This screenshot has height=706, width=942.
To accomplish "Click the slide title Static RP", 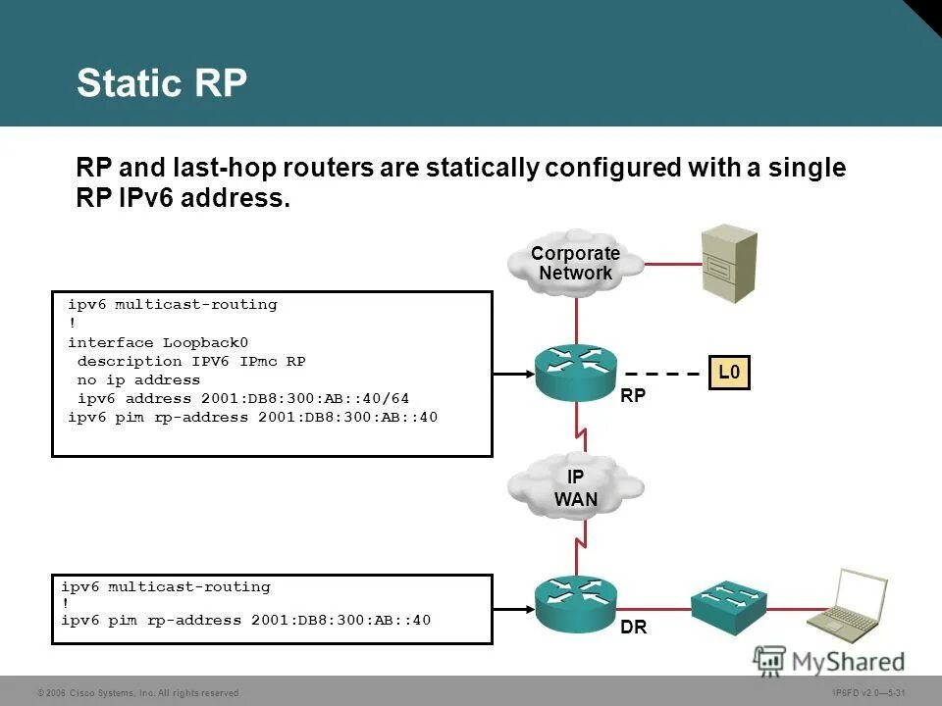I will click(x=162, y=83).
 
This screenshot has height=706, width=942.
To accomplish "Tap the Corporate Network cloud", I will click(x=576, y=263).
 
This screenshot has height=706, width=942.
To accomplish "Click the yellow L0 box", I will click(x=729, y=373).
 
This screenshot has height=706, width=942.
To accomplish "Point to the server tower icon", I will click(x=728, y=262).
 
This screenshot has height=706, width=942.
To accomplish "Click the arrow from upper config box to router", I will click(x=512, y=374).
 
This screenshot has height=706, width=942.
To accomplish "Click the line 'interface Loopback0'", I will click(x=158, y=342).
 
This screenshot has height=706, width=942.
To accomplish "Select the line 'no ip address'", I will click(x=138, y=379).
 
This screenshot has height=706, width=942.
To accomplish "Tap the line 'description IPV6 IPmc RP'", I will click(x=191, y=361).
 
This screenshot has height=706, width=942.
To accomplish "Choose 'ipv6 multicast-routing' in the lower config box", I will click(x=166, y=586).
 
